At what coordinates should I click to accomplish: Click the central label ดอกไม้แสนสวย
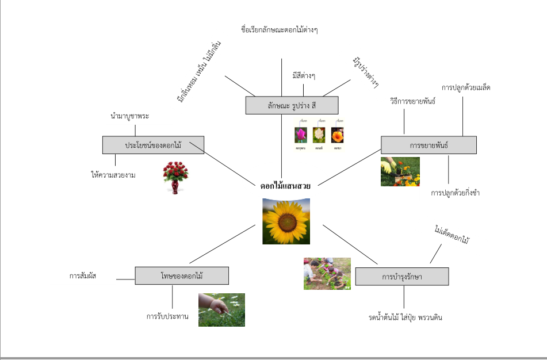point(285,186)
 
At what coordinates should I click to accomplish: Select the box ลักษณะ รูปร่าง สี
point(292,105)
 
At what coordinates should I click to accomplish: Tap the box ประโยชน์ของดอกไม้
point(153,145)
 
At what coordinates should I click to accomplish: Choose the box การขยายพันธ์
point(429,145)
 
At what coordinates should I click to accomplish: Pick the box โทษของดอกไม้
point(182,276)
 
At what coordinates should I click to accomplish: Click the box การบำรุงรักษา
point(401,277)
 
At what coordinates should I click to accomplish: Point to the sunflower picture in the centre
point(286,221)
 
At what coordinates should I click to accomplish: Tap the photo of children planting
point(327,273)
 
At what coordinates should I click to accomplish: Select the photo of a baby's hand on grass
point(221,310)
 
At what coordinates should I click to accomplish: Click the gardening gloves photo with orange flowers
point(400,171)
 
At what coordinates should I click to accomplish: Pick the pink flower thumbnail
point(300,135)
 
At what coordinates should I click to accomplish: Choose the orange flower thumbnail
point(337,135)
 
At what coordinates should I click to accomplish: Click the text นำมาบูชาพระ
point(130,116)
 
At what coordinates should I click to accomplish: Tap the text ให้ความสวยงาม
point(113,175)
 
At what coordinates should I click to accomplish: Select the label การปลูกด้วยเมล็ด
point(466,87)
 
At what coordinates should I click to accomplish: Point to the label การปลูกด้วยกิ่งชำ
point(455,193)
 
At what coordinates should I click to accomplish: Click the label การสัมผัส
point(83,276)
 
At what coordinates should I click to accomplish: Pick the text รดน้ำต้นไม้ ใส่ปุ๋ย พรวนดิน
point(406,317)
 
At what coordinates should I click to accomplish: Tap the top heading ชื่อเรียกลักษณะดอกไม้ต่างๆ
point(280,30)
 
